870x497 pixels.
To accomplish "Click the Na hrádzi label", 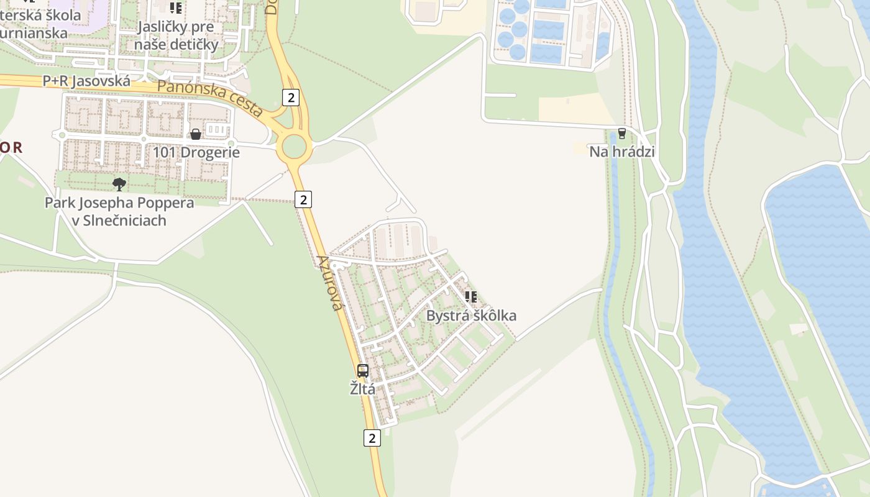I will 622,152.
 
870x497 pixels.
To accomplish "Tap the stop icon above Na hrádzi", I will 621,134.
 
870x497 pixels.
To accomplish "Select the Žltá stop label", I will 362,390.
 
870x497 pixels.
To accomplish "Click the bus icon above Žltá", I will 363,371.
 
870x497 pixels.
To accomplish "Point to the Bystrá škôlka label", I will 471,316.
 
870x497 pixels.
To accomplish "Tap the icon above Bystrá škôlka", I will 471,297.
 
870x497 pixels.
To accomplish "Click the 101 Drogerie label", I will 196,152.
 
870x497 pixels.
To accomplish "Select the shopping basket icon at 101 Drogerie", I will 196,134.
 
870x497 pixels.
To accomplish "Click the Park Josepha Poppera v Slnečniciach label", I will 119,212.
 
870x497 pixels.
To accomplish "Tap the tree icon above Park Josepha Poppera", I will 119,184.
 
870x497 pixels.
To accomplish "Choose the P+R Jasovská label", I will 86,81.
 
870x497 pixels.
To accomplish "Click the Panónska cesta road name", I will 210,99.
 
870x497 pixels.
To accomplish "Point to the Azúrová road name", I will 330,283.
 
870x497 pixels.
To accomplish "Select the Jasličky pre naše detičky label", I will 176,35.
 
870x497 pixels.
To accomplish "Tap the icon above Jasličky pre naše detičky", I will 176,8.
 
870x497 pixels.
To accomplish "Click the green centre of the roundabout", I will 295,147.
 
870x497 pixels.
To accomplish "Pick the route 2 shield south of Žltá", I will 372,437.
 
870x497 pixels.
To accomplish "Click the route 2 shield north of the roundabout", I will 290,97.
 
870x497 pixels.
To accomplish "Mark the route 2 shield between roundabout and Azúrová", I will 303,199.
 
